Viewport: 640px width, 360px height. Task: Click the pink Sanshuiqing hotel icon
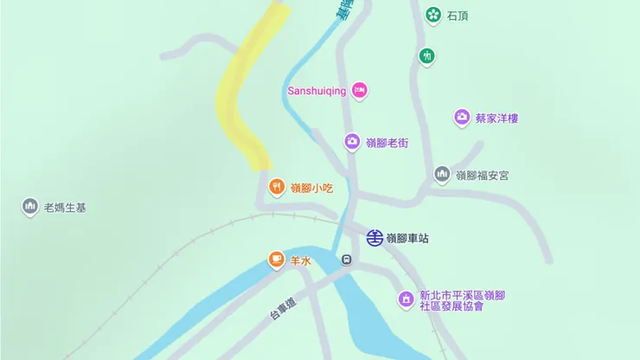[360, 90]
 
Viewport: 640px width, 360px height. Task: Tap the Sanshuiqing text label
[316, 91]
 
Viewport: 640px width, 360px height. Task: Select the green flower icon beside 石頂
[432, 15]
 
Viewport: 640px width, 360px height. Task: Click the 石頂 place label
[458, 16]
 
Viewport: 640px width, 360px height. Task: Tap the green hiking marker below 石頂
[426, 57]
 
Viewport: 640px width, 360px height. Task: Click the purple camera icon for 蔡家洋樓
[462, 118]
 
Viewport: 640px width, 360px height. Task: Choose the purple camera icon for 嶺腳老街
[352, 142]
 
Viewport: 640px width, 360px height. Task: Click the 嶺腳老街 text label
[387, 143]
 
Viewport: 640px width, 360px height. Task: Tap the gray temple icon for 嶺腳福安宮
[442, 174]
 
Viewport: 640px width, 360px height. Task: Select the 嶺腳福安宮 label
[483, 175]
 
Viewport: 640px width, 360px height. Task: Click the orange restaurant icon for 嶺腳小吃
[276, 186]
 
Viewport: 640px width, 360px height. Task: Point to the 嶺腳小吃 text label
[311, 187]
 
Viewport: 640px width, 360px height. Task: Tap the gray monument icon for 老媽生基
[30, 207]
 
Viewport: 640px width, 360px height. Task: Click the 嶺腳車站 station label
[407, 238]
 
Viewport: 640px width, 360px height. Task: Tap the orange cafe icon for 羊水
[276, 258]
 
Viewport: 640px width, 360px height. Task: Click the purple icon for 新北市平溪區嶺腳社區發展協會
[406, 299]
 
